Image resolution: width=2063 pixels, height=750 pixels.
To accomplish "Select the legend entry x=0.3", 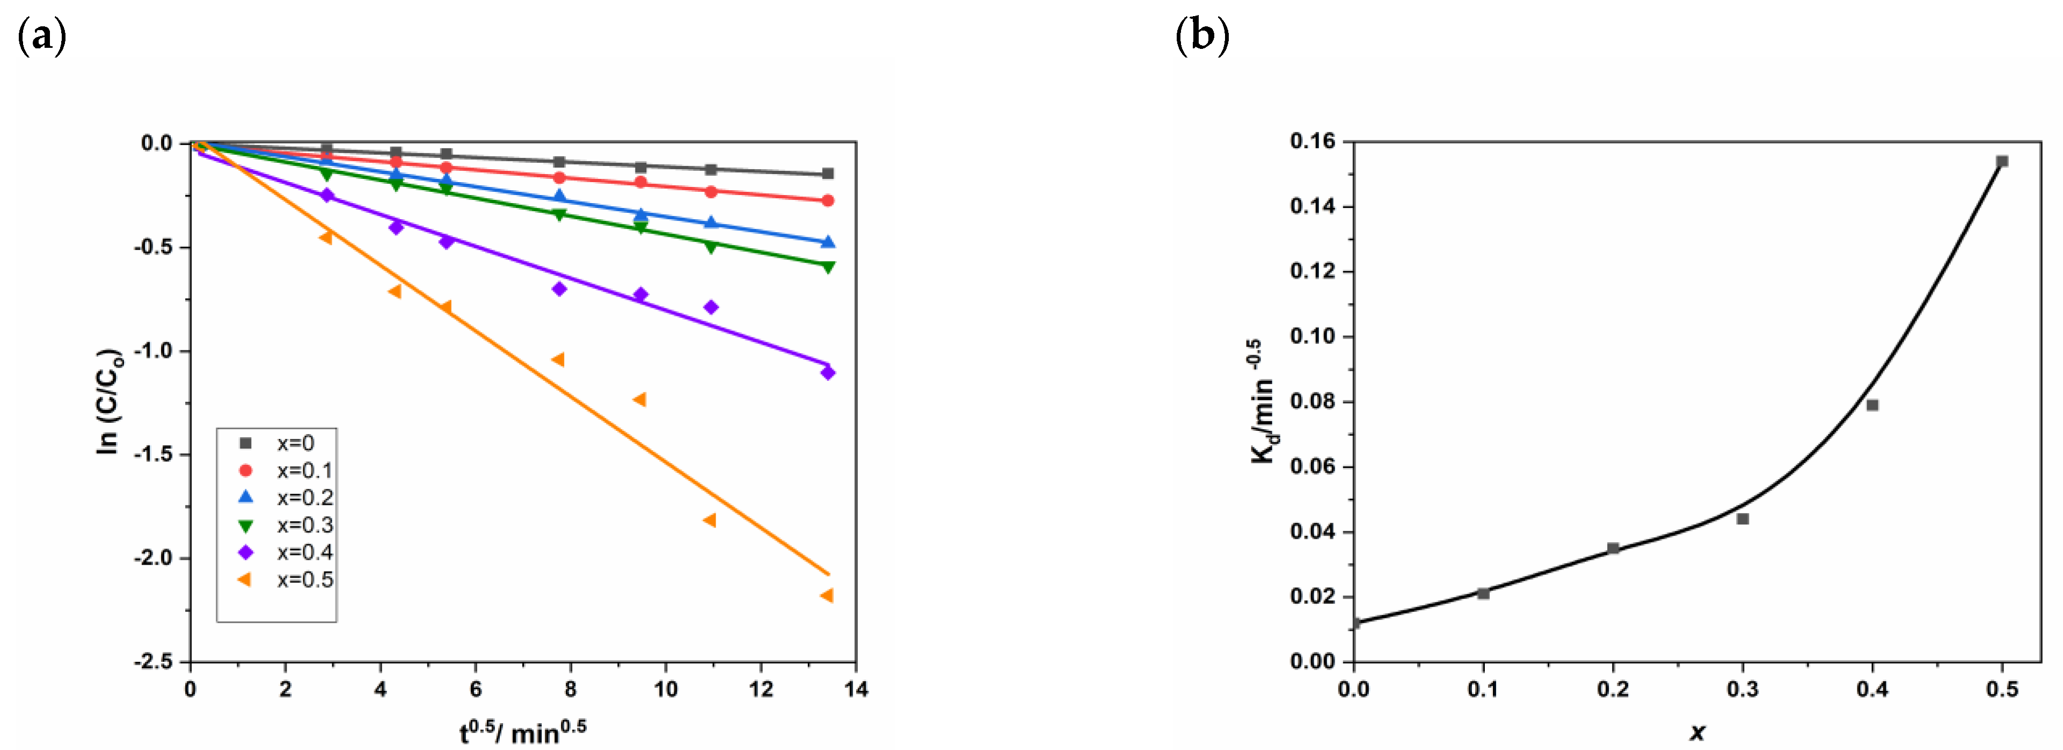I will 304,525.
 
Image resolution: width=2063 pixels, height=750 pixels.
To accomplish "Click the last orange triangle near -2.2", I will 827,595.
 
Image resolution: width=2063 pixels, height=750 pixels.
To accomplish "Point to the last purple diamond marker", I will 828,373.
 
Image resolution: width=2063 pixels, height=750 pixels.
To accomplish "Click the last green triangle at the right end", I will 828,267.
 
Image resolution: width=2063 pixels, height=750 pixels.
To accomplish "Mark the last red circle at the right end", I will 828,200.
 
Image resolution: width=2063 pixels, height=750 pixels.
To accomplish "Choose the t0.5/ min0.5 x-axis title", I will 522,731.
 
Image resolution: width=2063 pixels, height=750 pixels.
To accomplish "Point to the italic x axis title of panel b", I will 1696,731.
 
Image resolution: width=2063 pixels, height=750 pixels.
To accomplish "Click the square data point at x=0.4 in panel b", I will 1872,406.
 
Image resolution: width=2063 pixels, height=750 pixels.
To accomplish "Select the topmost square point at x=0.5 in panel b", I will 2002,161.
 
